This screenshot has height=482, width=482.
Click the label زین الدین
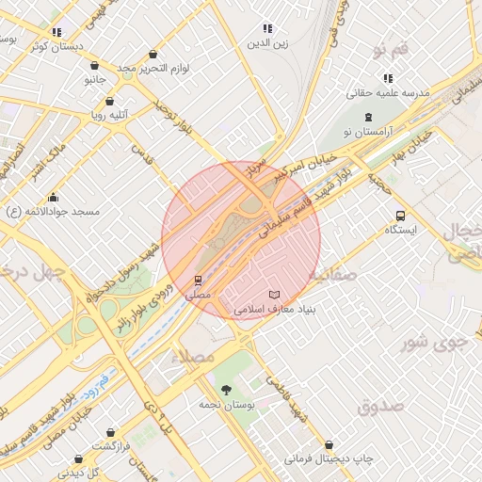click(x=267, y=43)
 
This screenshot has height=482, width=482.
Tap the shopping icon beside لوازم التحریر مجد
click(x=153, y=54)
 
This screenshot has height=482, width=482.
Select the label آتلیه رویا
click(x=109, y=116)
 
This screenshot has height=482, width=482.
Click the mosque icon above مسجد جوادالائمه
click(x=53, y=198)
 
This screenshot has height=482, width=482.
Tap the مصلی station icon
click(x=198, y=280)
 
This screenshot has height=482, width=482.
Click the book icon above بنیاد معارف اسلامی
click(x=274, y=295)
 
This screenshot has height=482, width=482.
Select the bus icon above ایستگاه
click(x=401, y=216)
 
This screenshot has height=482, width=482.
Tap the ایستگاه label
click(x=401, y=230)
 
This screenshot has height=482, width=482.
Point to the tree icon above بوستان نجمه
click(x=225, y=390)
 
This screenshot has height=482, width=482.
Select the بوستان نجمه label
click(x=224, y=404)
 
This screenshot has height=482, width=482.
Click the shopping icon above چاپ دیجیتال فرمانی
click(x=329, y=444)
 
